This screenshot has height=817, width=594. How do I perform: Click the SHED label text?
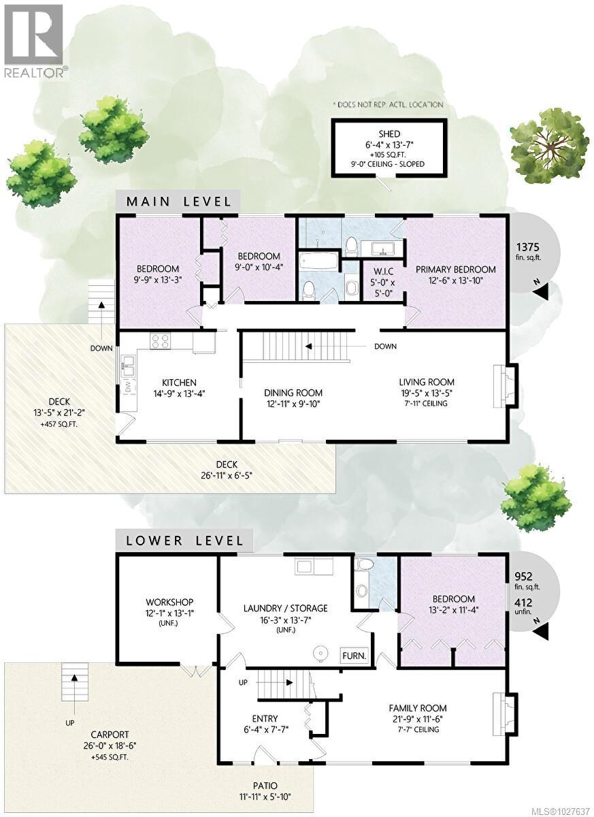coord(390,134)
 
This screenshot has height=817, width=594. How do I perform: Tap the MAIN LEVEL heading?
coord(178,202)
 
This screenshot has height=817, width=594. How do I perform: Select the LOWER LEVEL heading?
coord(184,541)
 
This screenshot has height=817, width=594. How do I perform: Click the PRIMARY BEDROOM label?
coord(456,270)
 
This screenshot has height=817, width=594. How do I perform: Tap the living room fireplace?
coord(504,385)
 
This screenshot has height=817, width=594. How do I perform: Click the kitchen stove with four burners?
coord(161,340)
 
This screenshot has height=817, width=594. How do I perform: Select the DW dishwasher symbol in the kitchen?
coord(127,387)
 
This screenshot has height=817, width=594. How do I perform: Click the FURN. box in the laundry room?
coord(354,656)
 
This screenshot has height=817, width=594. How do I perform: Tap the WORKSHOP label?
coord(169,602)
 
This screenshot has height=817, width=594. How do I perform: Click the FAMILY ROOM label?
coord(418,708)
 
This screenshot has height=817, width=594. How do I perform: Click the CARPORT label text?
coord(110,735)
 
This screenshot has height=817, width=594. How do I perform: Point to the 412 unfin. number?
coord(524,602)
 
